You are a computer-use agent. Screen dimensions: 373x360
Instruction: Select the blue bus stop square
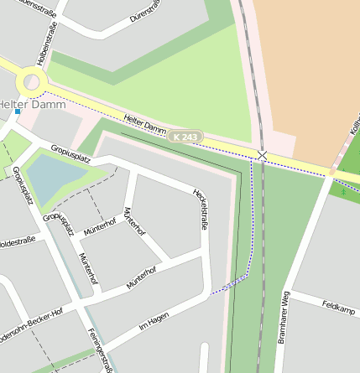pyautogui.click(x=17, y=111)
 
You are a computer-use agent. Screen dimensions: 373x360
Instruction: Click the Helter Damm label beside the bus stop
pyautogui.click(x=23, y=104)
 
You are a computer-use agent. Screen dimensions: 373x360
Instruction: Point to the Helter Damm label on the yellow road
pyautogui.click(x=144, y=125)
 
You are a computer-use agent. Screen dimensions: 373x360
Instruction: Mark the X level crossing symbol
pyautogui.click(x=263, y=156)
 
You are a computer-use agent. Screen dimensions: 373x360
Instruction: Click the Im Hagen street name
pyautogui.click(x=154, y=319)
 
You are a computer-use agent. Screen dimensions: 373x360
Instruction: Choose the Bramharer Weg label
pyautogui.click(x=285, y=318)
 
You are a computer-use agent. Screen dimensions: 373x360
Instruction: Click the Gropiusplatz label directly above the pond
pyautogui.click(x=70, y=153)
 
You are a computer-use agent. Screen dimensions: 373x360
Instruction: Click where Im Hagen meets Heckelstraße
pyautogui.click(x=207, y=294)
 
